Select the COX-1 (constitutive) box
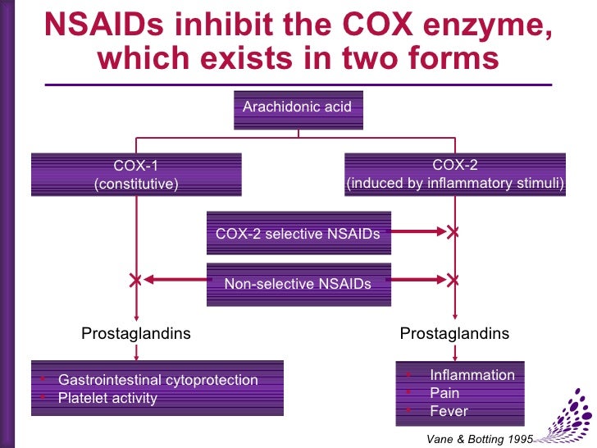(136, 175)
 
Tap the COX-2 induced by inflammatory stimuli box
(455, 175)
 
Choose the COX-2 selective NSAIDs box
(298, 233)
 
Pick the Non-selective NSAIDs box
(298, 284)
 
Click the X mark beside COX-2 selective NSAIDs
(453, 233)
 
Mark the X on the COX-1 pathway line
(136, 281)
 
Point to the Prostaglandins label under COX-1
(136, 333)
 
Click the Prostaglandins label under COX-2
(454, 333)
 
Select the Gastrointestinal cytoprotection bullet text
(157, 380)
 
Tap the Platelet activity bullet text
(107, 399)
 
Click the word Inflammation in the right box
(472, 375)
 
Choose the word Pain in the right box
(445, 393)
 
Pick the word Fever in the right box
(449, 411)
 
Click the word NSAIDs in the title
(101, 26)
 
